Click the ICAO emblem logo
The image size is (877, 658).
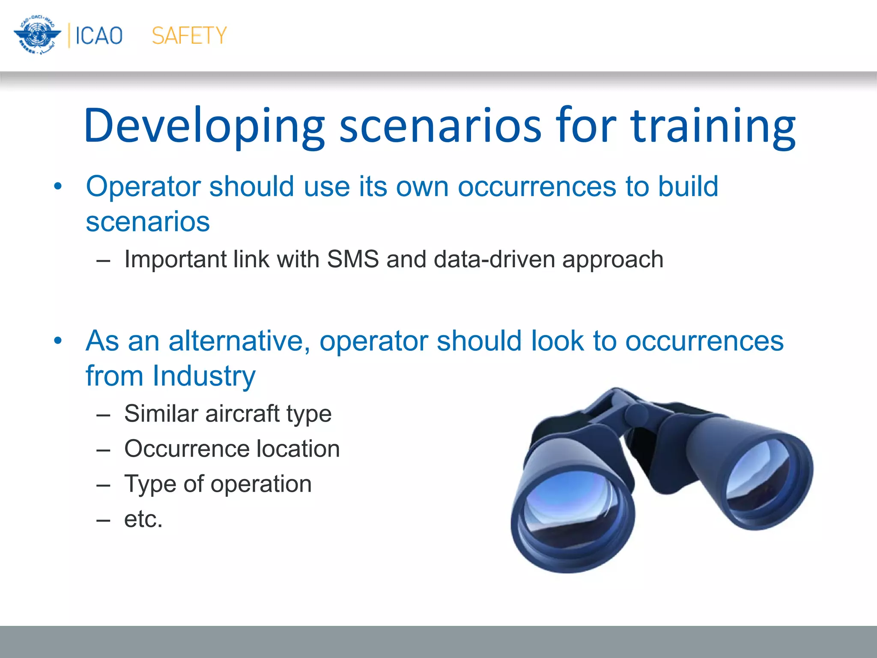coord(37,35)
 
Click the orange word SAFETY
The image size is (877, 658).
coord(189,36)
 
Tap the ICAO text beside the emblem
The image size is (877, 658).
coord(99,36)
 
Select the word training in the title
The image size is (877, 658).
coord(713,126)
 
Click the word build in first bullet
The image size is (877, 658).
coord(688,187)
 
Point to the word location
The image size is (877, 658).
coord(298,449)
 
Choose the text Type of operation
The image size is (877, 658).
coord(218,484)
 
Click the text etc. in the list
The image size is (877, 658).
coord(143,519)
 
